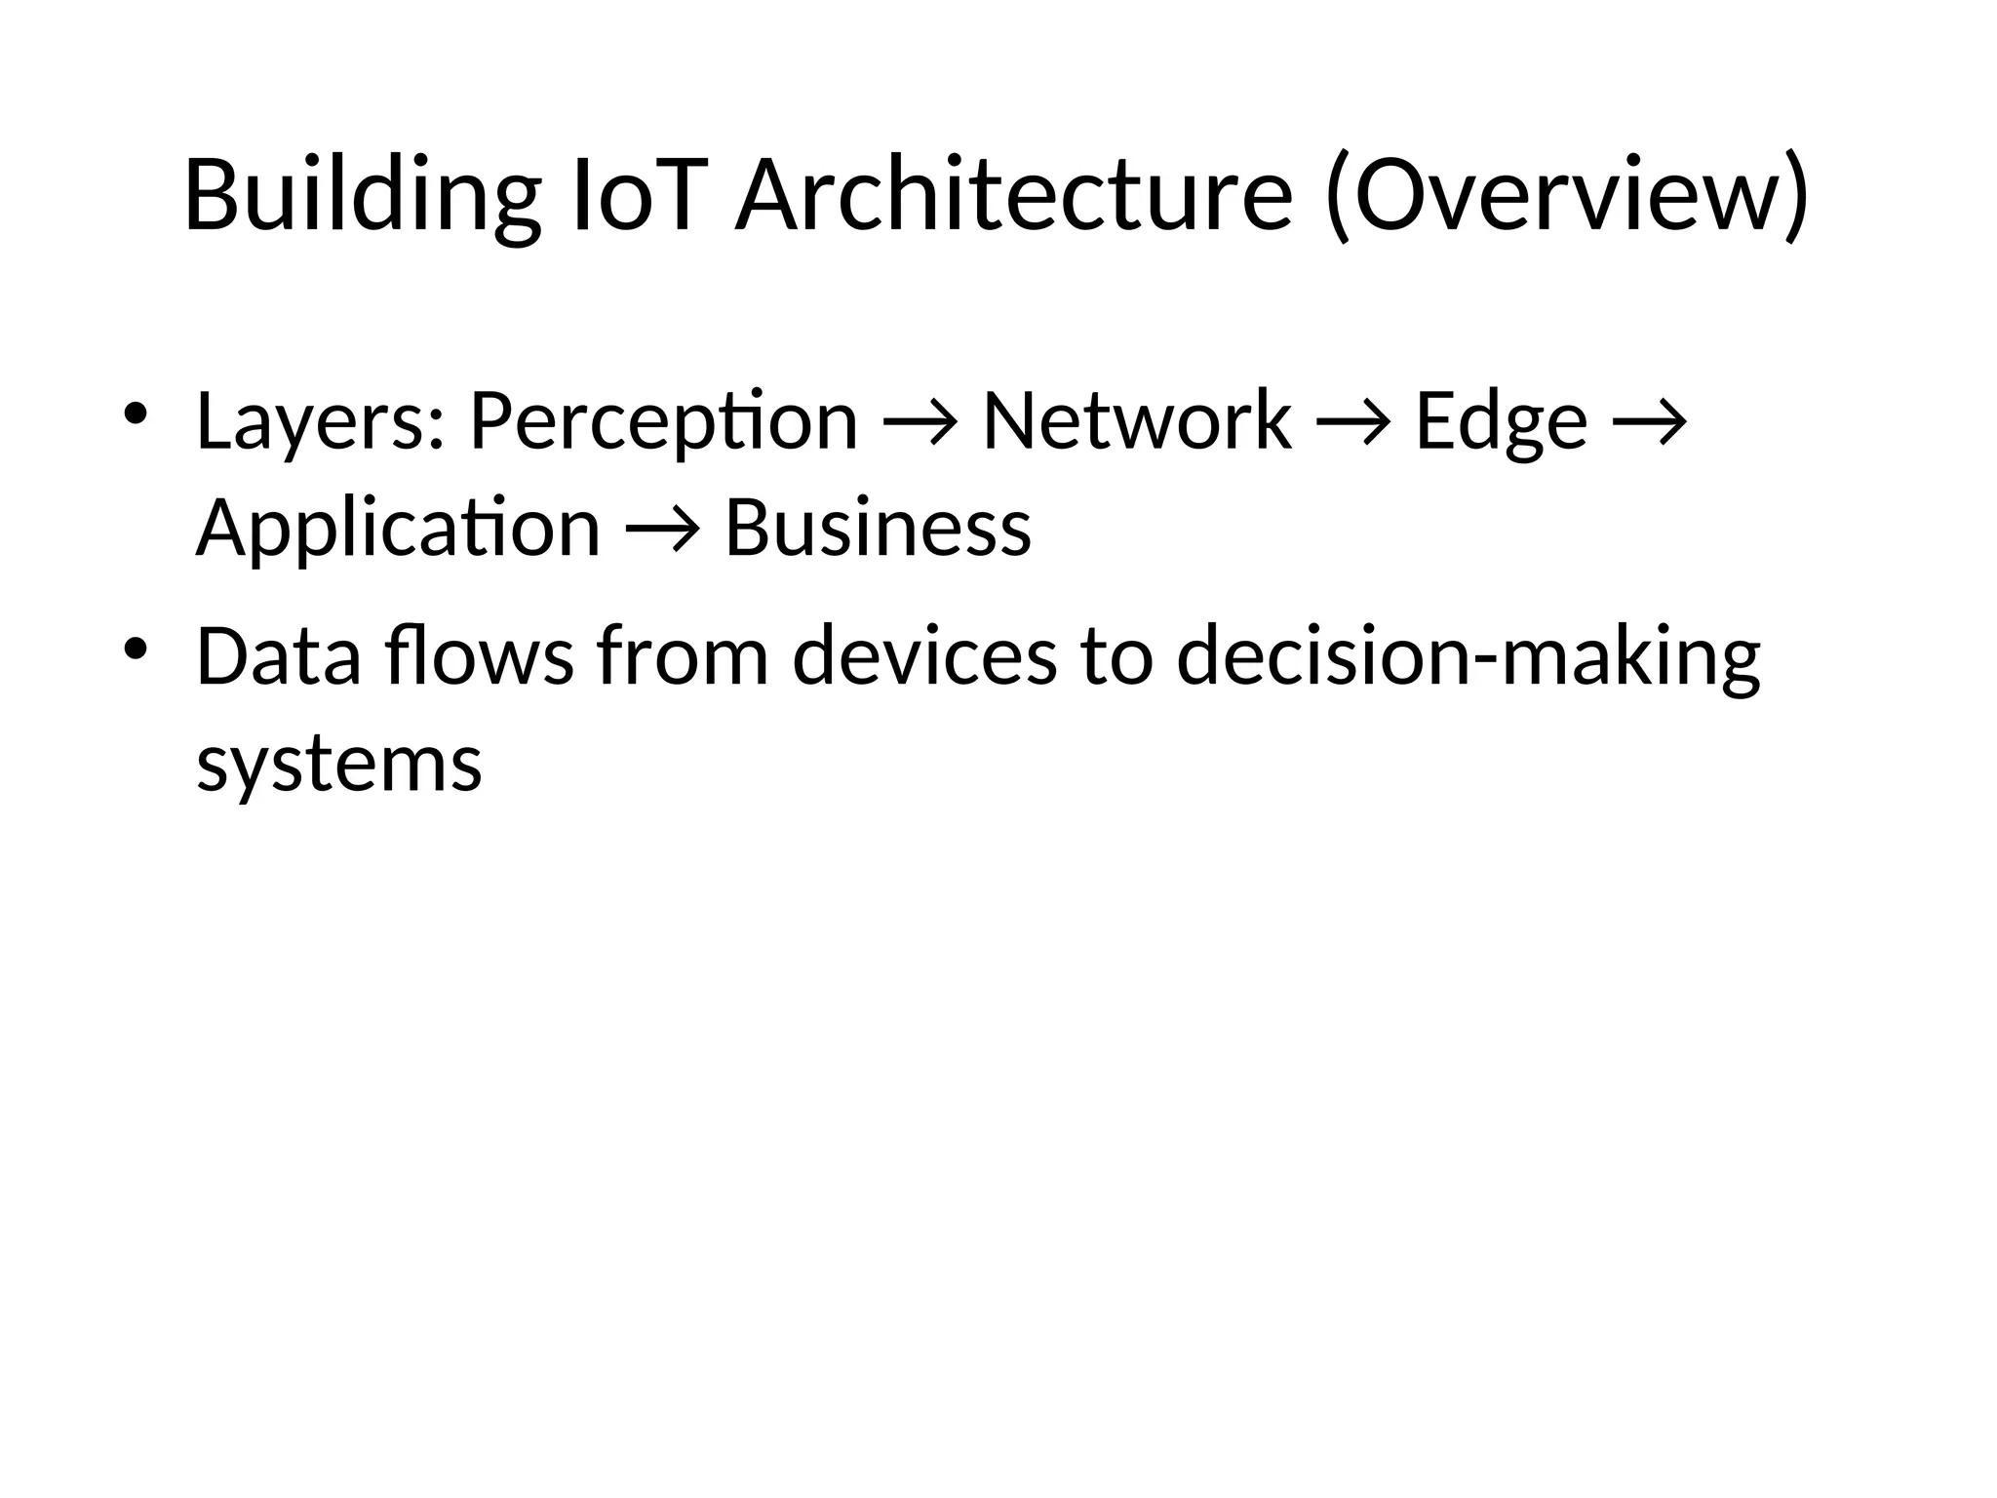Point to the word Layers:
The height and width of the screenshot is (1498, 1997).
pyautogui.click(x=321, y=421)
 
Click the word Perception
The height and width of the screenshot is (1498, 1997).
pyautogui.click(x=663, y=421)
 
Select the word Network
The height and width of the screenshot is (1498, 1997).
pyautogui.click(x=1137, y=421)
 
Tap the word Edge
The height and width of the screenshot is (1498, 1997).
pyautogui.click(x=1501, y=421)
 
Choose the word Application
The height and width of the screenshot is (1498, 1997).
pyautogui.click(x=398, y=528)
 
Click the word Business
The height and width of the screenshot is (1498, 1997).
pyautogui.click(x=878, y=528)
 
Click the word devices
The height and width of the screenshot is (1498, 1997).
pyautogui.click(x=924, y=656)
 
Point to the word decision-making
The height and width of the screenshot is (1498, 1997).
pyautogui.click(x=1468, y=656)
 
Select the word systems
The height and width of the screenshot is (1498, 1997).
pyautogui.click(x=339, y=763)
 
